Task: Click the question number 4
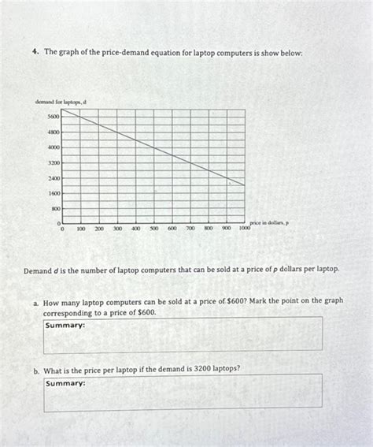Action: tap(36, 52)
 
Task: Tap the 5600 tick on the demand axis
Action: tap(53, 116)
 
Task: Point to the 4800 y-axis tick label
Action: tap(53, 132)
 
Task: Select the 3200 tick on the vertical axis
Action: tap(53, 162)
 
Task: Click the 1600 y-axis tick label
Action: tap(53, 193)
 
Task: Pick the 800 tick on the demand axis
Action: tap(54, 209)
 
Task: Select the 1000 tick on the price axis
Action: tap(245, 228)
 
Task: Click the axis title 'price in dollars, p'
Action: tap(269, 223)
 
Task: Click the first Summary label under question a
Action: tap(65, 325)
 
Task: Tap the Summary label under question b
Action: tap(65, 383)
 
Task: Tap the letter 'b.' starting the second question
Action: tap(36, 368)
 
